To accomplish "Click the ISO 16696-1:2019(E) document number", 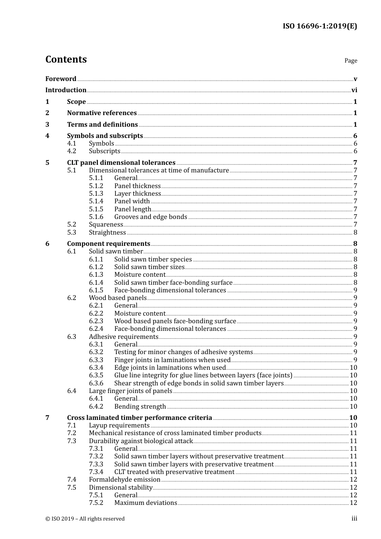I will [320, 26].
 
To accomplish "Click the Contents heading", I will [66, 59].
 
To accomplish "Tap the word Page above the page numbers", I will [351, 61].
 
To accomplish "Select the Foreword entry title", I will [61, 79].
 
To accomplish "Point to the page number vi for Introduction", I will [354, 90].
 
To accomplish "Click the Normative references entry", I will [102, 113].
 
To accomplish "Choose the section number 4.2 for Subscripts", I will [71, 151].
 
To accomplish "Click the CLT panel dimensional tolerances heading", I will [121, 163].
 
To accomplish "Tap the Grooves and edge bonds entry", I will [150, 217].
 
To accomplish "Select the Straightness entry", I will [107, 233].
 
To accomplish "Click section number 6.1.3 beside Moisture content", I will [96, 275].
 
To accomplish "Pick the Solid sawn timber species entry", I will [153, 259].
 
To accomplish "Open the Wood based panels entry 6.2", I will [118, 298].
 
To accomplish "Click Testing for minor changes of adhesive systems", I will [183, 352].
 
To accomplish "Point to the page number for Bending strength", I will [353, 407].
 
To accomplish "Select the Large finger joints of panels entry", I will [130, 391].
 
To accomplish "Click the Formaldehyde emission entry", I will [124, 480].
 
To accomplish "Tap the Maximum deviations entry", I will [146, 503].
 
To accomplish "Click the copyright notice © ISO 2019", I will [85, 519].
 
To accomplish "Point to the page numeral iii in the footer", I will [354, 519].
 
